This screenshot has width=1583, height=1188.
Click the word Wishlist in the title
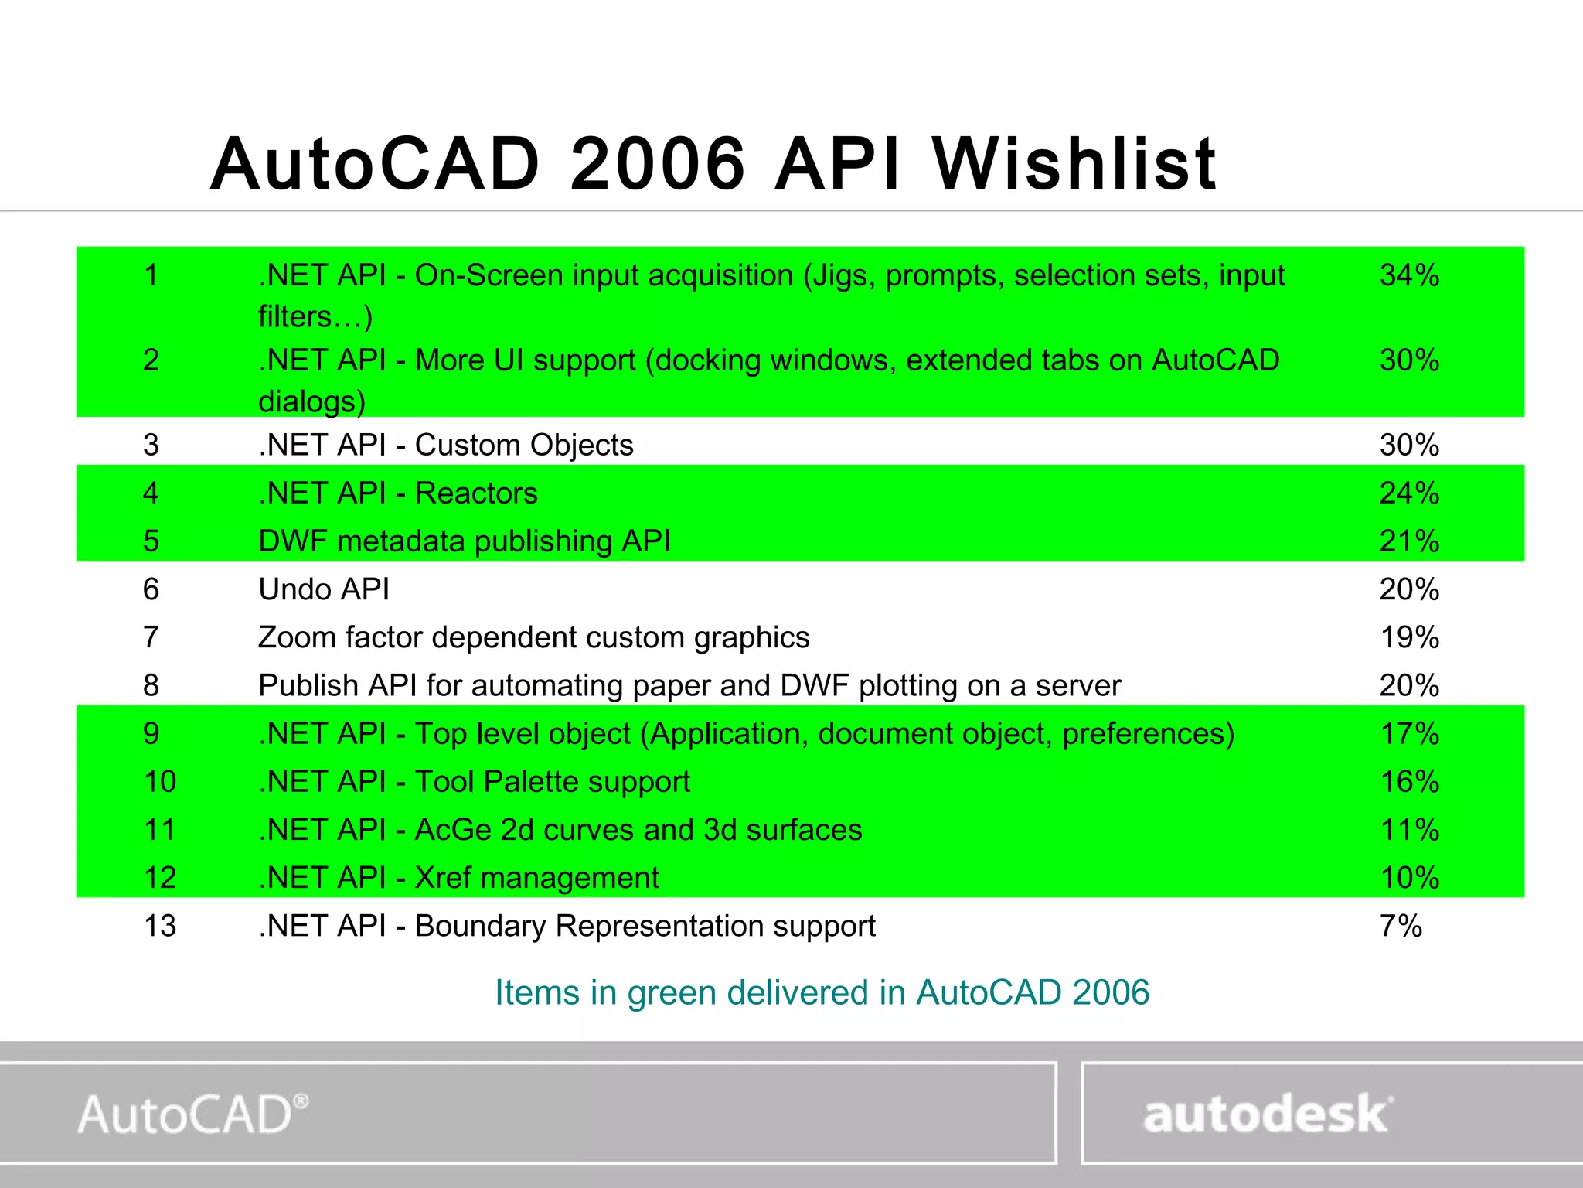coord(1074,164)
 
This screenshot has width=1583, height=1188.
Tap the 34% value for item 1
coord(1409,275)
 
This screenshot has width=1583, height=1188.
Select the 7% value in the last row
coord(1401,926)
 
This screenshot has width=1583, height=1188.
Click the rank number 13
coord(160,926)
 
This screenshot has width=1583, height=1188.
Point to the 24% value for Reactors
coord(1409,493)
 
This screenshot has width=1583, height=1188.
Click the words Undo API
coord(324,589)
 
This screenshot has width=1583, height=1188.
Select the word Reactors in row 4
coord(476,493)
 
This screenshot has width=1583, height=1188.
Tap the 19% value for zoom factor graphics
coord(1409,637)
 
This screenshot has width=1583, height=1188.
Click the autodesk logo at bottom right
coord(1268,1114)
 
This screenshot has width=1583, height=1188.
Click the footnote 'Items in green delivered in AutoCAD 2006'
coord(822,992)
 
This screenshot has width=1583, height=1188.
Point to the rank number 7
coord(151,637)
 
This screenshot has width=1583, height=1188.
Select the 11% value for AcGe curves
coord(1409,830)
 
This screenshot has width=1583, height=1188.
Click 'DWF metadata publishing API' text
coord(464,541)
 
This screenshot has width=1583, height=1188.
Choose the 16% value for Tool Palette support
coord(1409,782)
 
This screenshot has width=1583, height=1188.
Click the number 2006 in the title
coord(658,164)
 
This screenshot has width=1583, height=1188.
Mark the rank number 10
coord(160,782)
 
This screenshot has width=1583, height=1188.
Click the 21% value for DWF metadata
coord(1409,541)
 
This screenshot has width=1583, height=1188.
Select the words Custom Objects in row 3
coord(524,445)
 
